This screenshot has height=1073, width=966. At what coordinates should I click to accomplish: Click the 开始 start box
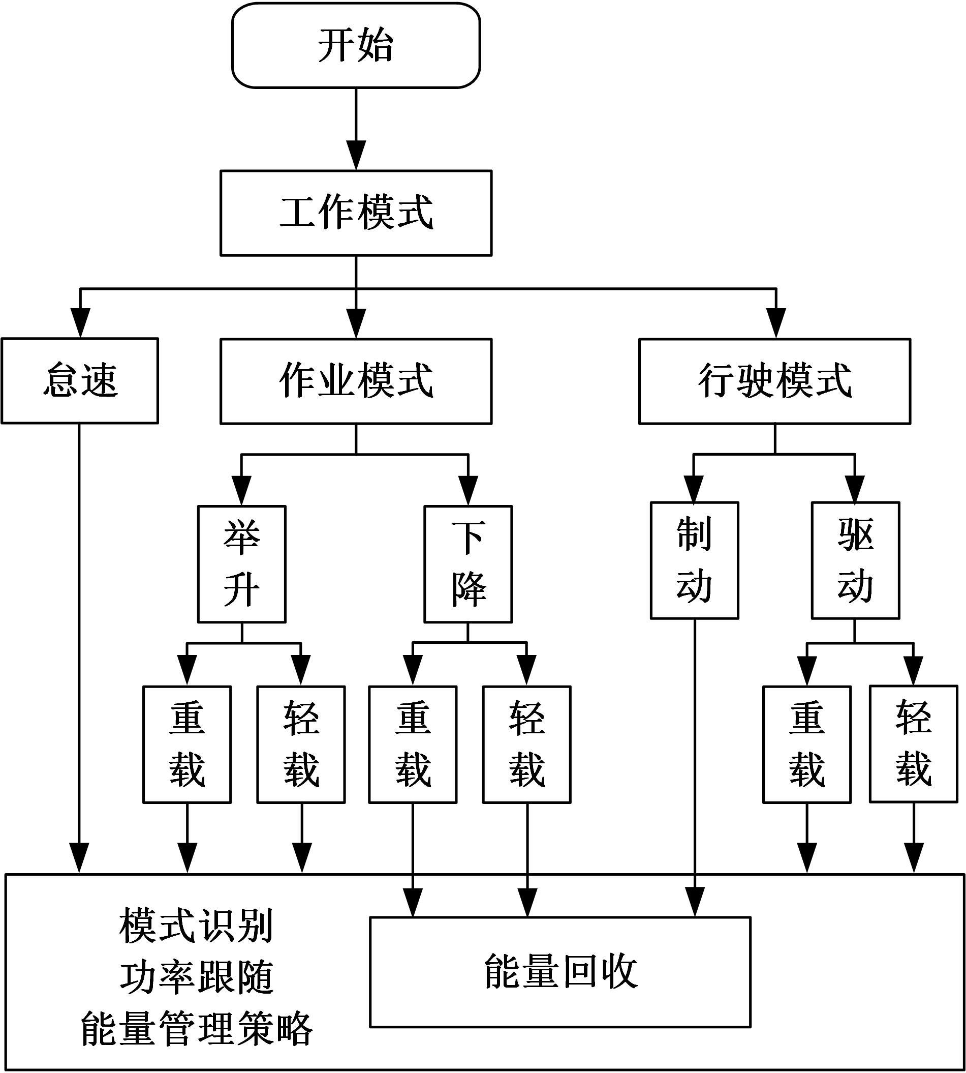click(x=356, y=46)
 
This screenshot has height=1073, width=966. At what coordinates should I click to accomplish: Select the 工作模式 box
click(x=356, y=213)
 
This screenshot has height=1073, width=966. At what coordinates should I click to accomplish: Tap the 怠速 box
click(x=80, y=380)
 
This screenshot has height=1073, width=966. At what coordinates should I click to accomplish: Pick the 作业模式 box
click(x=356, y=381)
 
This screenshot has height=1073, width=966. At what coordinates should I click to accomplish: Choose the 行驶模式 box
click(x=774, y=381)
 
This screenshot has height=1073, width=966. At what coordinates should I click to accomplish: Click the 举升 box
click(x=241, y=563)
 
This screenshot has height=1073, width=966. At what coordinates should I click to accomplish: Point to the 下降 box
click(x=468, y=563)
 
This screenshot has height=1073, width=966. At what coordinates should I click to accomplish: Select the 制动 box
click(x=694, y=560)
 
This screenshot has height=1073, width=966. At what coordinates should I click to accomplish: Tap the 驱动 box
click(x=855, y=560)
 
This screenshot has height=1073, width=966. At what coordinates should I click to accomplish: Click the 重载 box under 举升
click(x=187, y=744)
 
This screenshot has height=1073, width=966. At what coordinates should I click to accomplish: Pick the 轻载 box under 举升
click(x=301, y=744)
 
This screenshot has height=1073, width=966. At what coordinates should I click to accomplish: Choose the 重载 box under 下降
click(x=413, y=744)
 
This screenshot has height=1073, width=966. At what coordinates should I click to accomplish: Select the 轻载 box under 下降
click(x=526, y=744)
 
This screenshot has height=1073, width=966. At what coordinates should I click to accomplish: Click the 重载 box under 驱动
click(x=807, y=744)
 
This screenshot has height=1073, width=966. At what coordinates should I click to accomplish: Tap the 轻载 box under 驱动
click(x=914, y=743)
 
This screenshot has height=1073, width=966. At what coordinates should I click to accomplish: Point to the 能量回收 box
click(x=560, y=972)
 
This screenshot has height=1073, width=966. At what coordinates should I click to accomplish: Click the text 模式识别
click(x=196, y=926)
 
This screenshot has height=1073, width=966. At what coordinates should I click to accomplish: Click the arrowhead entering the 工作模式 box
click(x=356, y=155)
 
